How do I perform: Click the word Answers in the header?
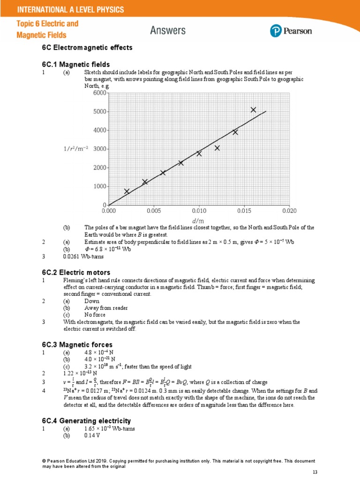click(168, 31)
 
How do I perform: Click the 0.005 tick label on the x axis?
click(154, 211)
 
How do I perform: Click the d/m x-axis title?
click(198, 220)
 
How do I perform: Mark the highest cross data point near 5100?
click(253, 110)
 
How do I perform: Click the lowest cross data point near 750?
click(127, 191)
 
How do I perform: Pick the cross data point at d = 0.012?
click(217, 148)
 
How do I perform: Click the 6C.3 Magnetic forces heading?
click(77, 345)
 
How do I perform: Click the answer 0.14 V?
click(92, 435)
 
